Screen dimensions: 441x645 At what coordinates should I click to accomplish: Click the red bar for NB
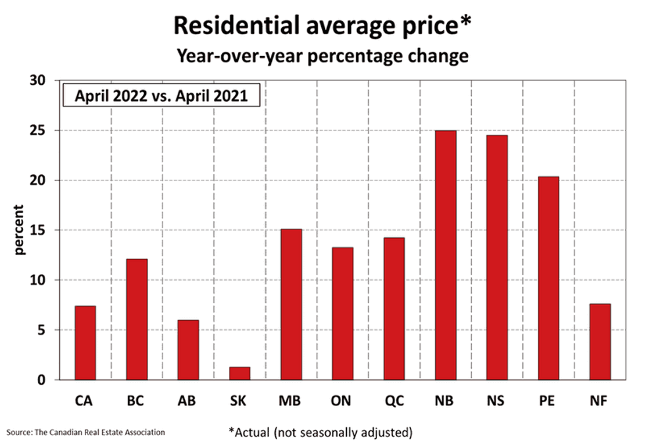point(446,255)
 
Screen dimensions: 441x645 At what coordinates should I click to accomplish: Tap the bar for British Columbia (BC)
point(136,319)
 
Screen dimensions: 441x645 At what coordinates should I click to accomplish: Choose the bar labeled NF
point(600,341)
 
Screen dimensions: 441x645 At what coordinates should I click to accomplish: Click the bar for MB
point(292,304)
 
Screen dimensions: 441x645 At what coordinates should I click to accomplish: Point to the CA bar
point(86,342)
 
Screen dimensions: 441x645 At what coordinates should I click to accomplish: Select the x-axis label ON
point(343,401)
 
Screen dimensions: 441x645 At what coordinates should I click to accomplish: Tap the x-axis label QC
point(394,401)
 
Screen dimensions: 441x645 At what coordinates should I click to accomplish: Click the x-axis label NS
point(497,401)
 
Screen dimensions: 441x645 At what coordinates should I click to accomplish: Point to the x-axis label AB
point(188,401)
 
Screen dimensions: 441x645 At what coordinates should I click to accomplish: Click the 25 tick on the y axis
point(42,130)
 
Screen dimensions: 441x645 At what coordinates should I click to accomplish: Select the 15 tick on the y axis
point(42,230)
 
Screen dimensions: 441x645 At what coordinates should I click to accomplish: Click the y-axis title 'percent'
point(19,230)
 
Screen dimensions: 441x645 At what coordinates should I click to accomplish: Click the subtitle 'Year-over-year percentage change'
point(322,56)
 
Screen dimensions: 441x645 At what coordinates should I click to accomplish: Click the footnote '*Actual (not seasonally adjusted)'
point(321,432)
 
